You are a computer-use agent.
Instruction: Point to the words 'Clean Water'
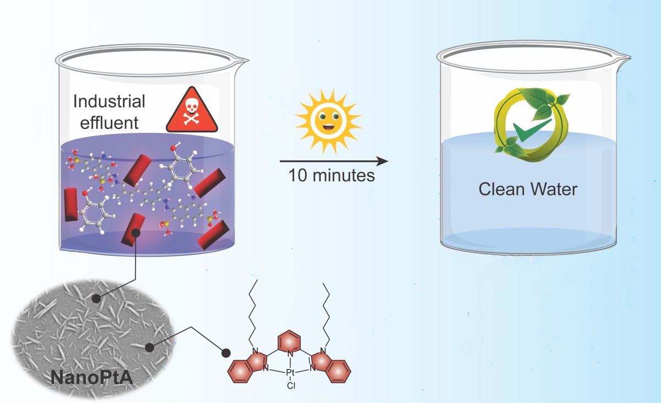[528, 189]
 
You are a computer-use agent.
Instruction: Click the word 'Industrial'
[109, 101]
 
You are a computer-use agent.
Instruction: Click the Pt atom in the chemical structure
[290, 373]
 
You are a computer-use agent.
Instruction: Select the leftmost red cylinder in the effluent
[71, 205]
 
